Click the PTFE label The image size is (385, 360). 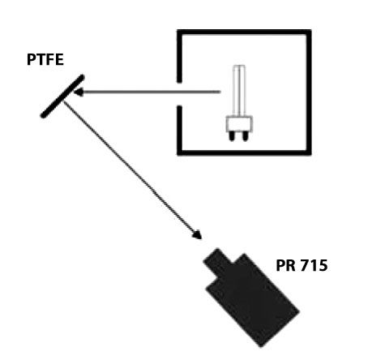[x=45, y=60]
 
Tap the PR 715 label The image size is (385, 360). [x=302, y=265]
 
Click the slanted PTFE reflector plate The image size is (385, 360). [x=62, y=96]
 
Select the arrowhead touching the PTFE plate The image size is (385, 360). [x=79, y=92]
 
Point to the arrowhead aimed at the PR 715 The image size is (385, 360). [x=197, y=234]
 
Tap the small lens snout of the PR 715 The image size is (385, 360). [x=217, y=261]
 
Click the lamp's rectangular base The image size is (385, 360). [x=239, y=124]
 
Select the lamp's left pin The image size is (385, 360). [x=232, y=137]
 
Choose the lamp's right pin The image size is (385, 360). [x=246, y=137]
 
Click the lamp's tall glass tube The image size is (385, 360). [x=239, y=91]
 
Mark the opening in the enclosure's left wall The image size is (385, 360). [x=179, y=94]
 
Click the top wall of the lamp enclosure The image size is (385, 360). [x=244, y=32]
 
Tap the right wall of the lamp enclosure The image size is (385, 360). [x=309, y=92]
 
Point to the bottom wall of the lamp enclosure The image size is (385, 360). [x=244, y=152]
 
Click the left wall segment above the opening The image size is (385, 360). [x=179, y=56]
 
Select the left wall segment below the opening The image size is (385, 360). [x=179, y=131]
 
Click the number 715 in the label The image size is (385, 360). [x=314, y=265]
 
